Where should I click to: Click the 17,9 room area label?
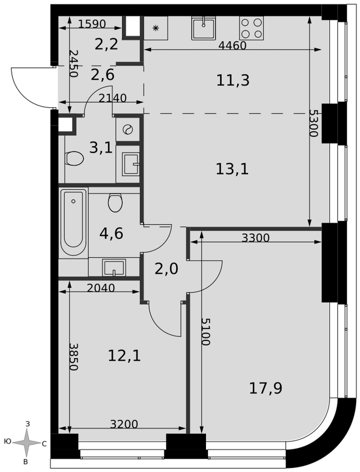pos(266,388)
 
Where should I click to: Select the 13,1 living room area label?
pos(232,169)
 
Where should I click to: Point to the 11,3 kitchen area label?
pos(233,80)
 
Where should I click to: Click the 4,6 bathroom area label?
pos(111,233)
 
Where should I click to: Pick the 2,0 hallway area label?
pos(166,269)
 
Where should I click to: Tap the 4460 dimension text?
pos(232,45)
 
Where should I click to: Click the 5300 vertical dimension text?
pos(314,123)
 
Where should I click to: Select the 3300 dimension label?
pos(256,238)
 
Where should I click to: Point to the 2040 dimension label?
pos(101,288)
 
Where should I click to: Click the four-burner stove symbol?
pos(251,28)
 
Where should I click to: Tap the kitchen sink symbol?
pos(204,28)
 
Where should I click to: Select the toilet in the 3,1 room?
pos(74,158)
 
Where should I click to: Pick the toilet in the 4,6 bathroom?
pos(115,202)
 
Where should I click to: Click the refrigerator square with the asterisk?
pos(156,28)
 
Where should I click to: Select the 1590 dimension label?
pos(92,24)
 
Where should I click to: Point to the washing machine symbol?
pos(128,129)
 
